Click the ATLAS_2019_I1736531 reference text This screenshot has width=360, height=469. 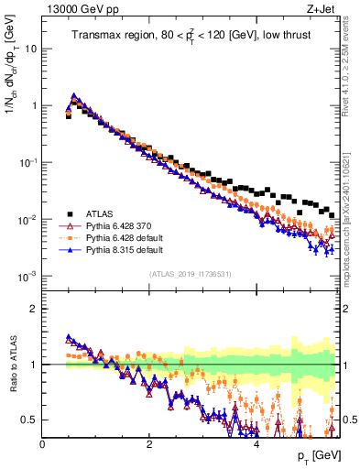point(191,275)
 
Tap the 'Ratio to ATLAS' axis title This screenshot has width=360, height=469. point(13,365)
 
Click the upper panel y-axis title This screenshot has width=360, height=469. point(13,86)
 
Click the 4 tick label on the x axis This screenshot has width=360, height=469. point(256,444)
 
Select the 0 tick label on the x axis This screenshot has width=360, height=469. point(42,444)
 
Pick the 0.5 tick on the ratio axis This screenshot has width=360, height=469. point(29,420)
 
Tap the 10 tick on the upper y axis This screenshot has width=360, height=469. point(28,49)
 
